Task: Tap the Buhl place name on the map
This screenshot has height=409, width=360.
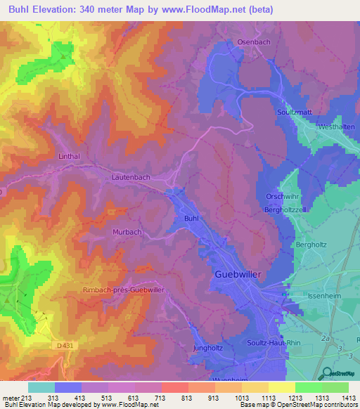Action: [191, 219]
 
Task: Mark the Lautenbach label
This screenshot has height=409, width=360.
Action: [131, 178]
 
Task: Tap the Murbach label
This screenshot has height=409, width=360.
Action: [127, 231]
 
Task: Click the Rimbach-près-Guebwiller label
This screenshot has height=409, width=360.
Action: [124, 290]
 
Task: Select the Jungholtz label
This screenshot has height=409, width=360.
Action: [207, 349]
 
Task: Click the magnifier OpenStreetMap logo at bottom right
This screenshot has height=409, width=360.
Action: [325, 373]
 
